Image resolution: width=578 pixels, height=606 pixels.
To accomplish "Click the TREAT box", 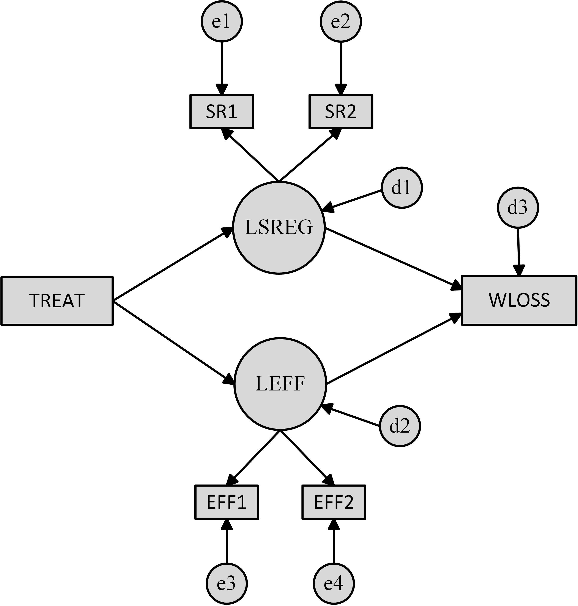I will point(57,301).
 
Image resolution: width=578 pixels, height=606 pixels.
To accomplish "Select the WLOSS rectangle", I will point(519,300).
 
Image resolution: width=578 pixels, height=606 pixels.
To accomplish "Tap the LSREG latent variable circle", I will point(279,228).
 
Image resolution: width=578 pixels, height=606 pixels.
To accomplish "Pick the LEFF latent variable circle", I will point(280,384).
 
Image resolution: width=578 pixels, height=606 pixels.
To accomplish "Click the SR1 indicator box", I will point(222,112).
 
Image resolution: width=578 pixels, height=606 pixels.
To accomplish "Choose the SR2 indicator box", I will point(341,112).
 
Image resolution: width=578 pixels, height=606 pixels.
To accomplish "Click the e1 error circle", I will point(222,22).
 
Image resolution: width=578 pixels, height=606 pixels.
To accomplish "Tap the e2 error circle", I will point(341,22).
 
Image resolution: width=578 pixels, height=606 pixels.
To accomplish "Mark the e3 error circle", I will point(227,584).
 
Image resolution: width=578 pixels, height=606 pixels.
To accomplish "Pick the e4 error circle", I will point(334,584).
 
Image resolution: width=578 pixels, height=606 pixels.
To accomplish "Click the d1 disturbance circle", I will point(402,188).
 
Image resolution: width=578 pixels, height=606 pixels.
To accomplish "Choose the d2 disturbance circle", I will point(400,426).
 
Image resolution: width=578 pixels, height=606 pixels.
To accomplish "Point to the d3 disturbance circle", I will point(518,208).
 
